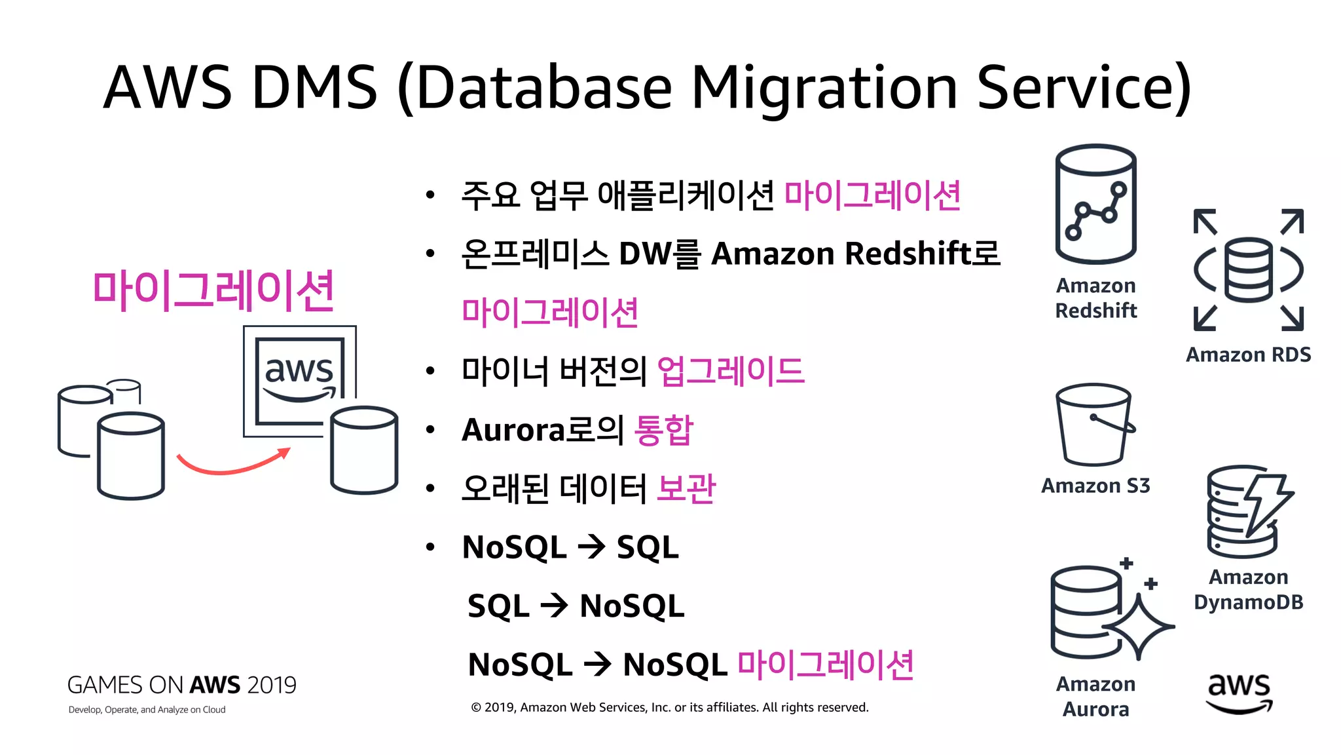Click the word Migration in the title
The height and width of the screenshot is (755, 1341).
tap(824, 88)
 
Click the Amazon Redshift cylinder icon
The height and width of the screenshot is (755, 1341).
tap(1095, 203)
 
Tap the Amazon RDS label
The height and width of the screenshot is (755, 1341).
tap(1248, 355)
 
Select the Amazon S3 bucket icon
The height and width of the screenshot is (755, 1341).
tap(1094, 425)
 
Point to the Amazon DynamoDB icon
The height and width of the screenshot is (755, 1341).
tap(1247, 511)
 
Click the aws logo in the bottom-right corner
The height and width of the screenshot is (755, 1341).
tap(1239, 693)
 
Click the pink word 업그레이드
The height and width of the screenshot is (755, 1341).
tap(730, 371)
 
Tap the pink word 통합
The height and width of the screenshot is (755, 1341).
tap(663, 430)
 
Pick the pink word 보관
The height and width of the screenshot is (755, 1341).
tap(686, 488)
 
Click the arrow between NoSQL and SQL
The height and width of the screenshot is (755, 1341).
tap(591, 547)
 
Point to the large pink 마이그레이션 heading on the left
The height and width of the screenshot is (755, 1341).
tap(213, 290)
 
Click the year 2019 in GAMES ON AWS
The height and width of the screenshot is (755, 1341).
tap(272, 685)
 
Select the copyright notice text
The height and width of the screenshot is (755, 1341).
tap(669, 707)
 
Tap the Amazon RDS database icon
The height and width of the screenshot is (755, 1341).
tap(1248, 270)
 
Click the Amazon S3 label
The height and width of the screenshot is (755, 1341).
tap(1095, 486)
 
